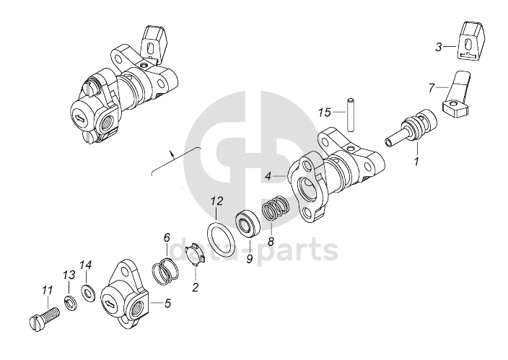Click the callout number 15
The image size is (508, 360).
pos(324,113)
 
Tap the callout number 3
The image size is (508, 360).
pos(439,47)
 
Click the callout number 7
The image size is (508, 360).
pos(432,88)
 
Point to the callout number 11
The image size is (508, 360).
pos(48,291)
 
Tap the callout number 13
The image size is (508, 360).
pos(69,275)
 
